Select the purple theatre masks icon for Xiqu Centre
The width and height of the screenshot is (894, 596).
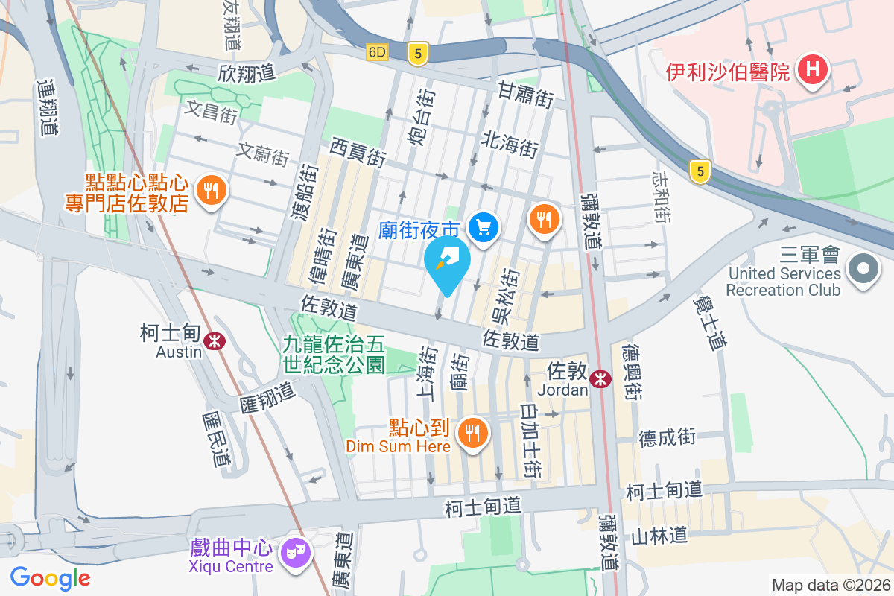[x=294, y=553]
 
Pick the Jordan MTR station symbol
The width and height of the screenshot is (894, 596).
[x=600, y=378]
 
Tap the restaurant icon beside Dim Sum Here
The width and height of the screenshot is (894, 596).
[x=472, y=431]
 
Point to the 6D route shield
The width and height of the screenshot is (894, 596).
[x=378, y=52]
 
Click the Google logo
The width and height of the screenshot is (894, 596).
[x=50, y=577]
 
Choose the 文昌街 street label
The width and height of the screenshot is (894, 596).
[x=211, y=112]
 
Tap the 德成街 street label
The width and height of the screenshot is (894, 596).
[x=667, y=437]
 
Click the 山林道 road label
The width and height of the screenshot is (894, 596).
[x=658, y=535]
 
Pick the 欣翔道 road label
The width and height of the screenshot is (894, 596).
[x=247, y=72]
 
